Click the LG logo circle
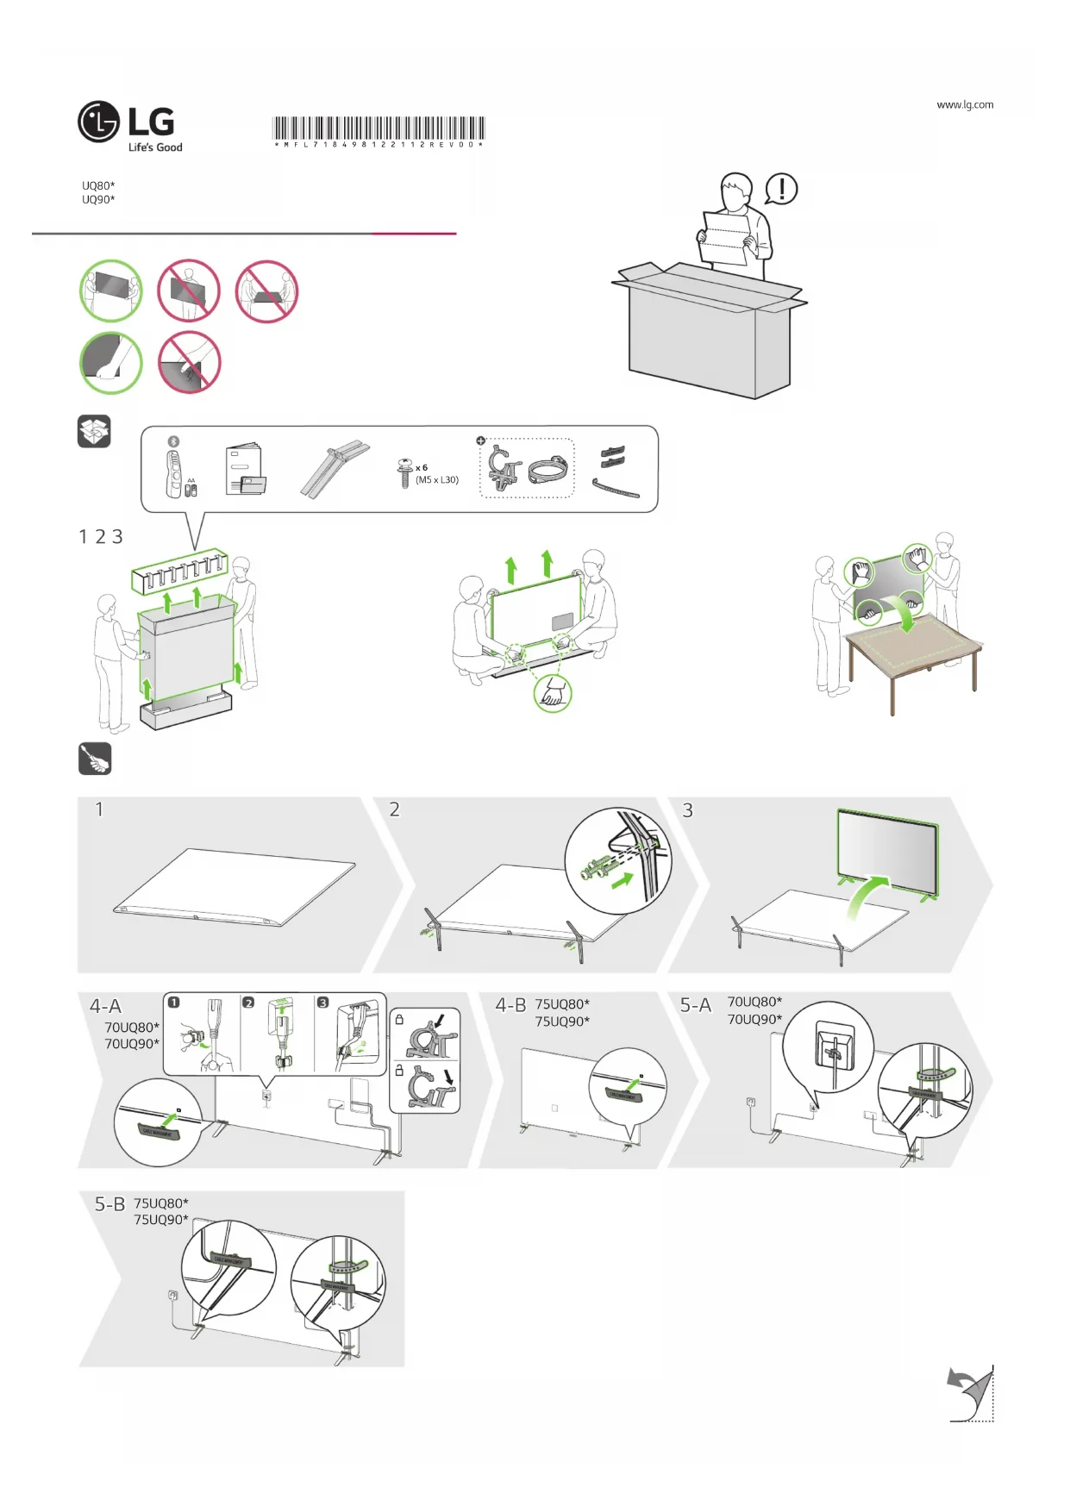[98, 122]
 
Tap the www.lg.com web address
[965, 105]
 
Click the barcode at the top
[379, 129]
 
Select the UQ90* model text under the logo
[98, 200]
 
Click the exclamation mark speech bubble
[781, 189]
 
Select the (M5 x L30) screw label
[437, 480]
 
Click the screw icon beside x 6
[404, 472]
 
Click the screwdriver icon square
[95, 759]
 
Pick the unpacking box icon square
[94, 431]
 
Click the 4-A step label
[106, 1006]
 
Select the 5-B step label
[110, 1204]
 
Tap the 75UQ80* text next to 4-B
[562, 1004]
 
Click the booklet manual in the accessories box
[245, 471]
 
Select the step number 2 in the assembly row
[394, 809]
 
